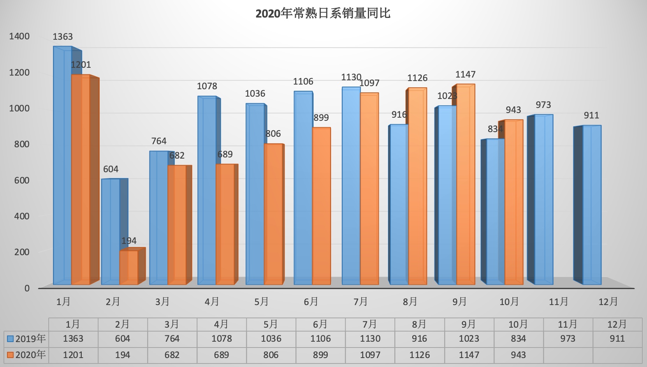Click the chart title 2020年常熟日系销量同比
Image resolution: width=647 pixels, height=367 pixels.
coord(323,14)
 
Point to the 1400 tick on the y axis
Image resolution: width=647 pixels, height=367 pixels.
coord(19,36)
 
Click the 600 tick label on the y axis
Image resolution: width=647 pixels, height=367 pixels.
coord(21,180)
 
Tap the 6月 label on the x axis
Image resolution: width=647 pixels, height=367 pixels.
coord(311,302)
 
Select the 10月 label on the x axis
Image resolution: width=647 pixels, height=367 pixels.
coord(509,302)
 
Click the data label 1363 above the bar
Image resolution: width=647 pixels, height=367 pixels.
coord(63,37)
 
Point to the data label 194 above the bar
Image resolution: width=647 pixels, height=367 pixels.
coord(129,241)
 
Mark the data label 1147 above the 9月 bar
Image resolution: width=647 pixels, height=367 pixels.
coord(466,74)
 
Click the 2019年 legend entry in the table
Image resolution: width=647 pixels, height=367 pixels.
coord(26,339)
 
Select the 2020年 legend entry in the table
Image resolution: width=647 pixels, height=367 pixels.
coord(26,355)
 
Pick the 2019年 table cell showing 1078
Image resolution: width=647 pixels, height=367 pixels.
coord(222,339)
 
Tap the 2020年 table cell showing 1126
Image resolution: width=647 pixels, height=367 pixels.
coord(419,355)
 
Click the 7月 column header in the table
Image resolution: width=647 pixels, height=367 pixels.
coord(369,324)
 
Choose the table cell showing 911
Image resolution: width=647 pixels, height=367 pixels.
coord(617,339)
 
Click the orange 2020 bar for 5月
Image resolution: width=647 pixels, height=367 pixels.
coord(273,214)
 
